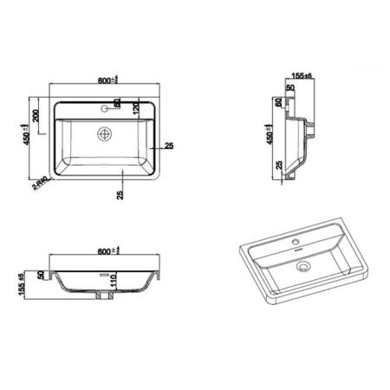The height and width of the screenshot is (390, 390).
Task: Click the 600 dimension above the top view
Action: click(108, 80)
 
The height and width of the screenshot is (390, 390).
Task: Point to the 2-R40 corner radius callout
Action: click(39, 184)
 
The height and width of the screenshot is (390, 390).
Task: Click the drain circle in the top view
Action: click(106, 134)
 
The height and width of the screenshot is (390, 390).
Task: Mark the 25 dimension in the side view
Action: click(280, 165)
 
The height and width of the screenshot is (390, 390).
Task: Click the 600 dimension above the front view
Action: click(108, 251)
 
